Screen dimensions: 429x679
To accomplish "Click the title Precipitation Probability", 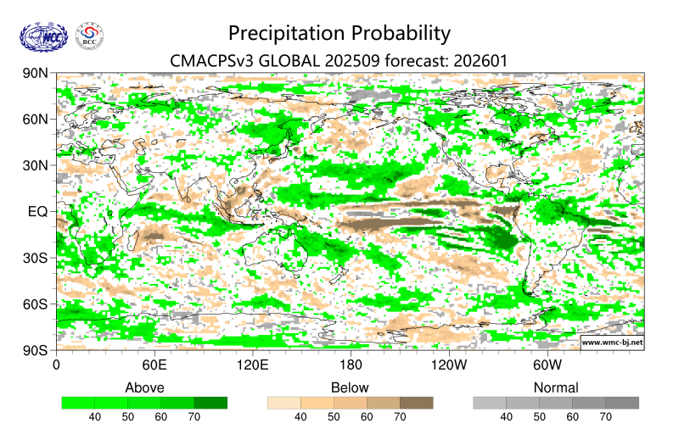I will [339, 34].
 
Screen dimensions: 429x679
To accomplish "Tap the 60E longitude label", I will [154, 365].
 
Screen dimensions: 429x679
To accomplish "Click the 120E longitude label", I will [252, 365].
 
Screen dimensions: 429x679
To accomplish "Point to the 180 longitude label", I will [351, 365].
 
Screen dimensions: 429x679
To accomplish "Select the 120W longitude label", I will [449, 365].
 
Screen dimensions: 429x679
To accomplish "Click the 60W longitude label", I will [547, 365].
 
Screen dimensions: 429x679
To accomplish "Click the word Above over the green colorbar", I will [144, 387].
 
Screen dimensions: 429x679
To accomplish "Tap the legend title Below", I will [350, 387].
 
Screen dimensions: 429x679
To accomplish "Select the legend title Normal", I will [556, 387].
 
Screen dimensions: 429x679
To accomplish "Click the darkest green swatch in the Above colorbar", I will [210, 403].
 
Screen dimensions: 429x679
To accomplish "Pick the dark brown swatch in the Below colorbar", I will [416, 403].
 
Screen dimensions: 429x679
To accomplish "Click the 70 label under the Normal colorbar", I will [605, 417].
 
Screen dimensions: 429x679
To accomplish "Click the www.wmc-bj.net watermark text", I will [611, 343].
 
